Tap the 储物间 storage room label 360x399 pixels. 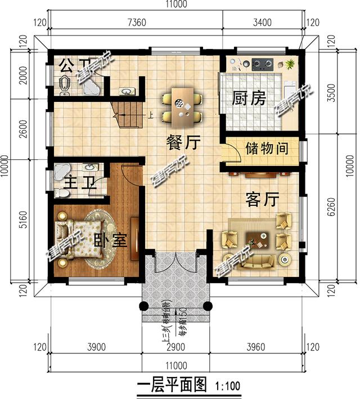pyautogui.click(x=267, y=149)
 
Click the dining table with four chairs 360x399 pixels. pyautogui.click(x=183, y=107)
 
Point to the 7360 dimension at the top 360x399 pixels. pyautogui.click(x=137, y=23)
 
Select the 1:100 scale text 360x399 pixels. pyautogui.click(x=228, y=387)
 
